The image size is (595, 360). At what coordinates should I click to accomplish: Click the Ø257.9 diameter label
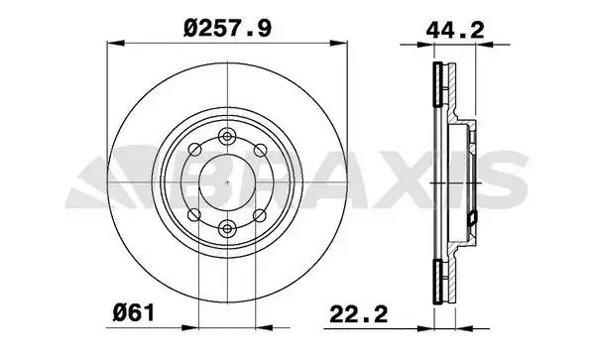[227, 28]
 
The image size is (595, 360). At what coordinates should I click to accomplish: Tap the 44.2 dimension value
[454, 30]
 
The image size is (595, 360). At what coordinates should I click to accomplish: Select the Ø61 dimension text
[134, 313]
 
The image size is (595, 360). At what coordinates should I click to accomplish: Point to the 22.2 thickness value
[359, 314]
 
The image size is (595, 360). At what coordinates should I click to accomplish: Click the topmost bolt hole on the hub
[227, 136]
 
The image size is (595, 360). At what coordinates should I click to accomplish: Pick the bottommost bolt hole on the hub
[227, 228]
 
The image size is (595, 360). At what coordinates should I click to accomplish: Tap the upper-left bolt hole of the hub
[194, 150]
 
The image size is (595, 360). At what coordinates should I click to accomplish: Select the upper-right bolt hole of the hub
[260, 150]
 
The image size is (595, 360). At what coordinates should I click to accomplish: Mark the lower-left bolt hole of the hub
[194, 215]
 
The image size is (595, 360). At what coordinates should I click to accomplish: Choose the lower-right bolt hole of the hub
[260, 215]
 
